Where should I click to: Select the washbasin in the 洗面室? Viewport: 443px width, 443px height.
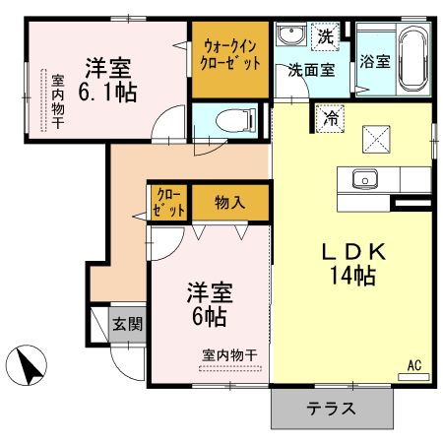click(291, 36)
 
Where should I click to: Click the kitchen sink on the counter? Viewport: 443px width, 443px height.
click(364, 179)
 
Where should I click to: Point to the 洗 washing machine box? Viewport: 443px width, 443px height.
click(327, 35)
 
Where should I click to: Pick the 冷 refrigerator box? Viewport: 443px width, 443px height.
click(330, 116)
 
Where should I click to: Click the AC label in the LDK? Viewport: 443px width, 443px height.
click(414, 366)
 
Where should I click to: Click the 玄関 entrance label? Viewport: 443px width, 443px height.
click(126, 324)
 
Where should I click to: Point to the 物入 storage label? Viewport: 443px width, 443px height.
click(230, 204)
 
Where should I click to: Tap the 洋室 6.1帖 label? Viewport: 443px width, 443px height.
click(108, 80)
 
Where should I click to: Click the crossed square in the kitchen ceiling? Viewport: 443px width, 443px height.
click(375, 139)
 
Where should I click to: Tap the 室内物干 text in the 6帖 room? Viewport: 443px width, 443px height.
click(229, 354)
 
